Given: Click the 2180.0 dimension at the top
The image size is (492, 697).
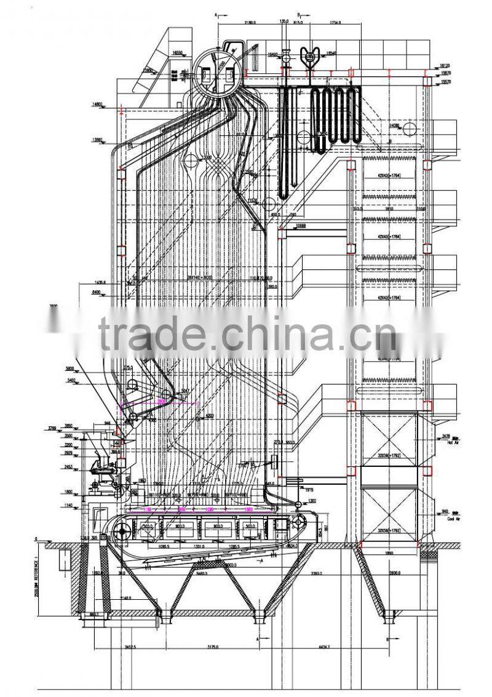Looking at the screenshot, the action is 249,23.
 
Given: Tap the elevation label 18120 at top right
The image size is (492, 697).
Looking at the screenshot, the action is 446,65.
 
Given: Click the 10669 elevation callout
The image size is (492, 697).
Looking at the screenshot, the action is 300,226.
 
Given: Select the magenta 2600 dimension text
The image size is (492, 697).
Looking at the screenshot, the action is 161,400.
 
